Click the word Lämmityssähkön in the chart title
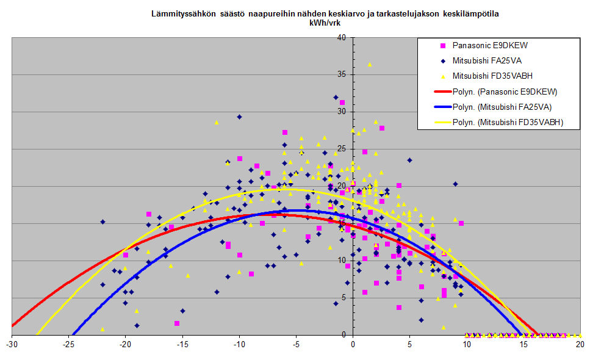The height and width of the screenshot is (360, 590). coord(184,14)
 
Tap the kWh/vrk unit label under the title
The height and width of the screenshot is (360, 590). coord(325,23)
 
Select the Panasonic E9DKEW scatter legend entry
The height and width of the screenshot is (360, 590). coord(485,46)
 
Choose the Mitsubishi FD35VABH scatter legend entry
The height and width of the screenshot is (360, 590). coord(486,76)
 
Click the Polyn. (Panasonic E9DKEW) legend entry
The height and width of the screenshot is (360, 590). coord(496,92)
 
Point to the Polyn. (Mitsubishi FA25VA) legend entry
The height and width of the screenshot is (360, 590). coord(493,107)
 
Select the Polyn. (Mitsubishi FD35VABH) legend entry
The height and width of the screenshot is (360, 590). coord(499,122)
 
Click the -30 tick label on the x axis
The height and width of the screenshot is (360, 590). coord(12,344)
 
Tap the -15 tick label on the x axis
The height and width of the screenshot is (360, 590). coord(182,344)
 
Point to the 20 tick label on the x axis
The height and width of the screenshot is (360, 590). coord(580,344)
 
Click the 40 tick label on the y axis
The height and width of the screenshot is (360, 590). coord(342,38)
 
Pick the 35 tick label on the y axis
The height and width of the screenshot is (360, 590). coord(342,74)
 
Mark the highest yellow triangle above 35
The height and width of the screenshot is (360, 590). coord(370,65)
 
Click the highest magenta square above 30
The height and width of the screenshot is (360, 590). coord(342,103)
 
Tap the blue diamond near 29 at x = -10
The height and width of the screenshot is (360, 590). coord(239,117)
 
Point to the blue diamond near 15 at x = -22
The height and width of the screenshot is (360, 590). coord(103,222)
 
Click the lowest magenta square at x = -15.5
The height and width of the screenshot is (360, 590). coord(177,323)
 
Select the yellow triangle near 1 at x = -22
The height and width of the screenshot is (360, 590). coord(103,329)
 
